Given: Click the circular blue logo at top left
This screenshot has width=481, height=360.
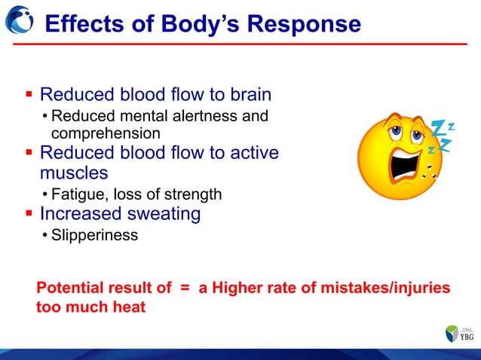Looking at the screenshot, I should pyautogui.click(x=18, y=23).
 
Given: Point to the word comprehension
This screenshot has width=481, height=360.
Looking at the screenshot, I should pyautogui.click(x=105, y=133).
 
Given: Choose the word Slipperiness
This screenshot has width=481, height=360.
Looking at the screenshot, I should pyautogui.click(x=94, y=235).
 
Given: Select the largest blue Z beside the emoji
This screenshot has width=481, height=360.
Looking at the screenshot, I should pyautogui.click(x=440, y=129).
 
